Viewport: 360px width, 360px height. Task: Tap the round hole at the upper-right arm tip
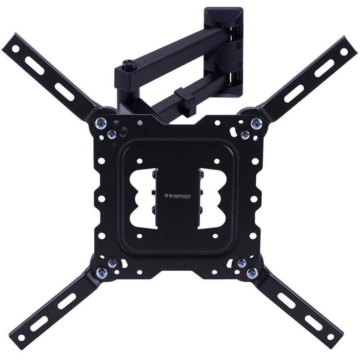pos(344,52)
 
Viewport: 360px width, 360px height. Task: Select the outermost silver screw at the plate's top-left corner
pos(100,123)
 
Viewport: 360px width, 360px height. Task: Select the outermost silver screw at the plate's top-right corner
pos(256,123)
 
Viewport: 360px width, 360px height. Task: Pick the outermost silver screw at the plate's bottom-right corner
pos(252,273)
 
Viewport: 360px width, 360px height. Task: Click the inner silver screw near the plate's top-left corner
pos(112,135)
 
